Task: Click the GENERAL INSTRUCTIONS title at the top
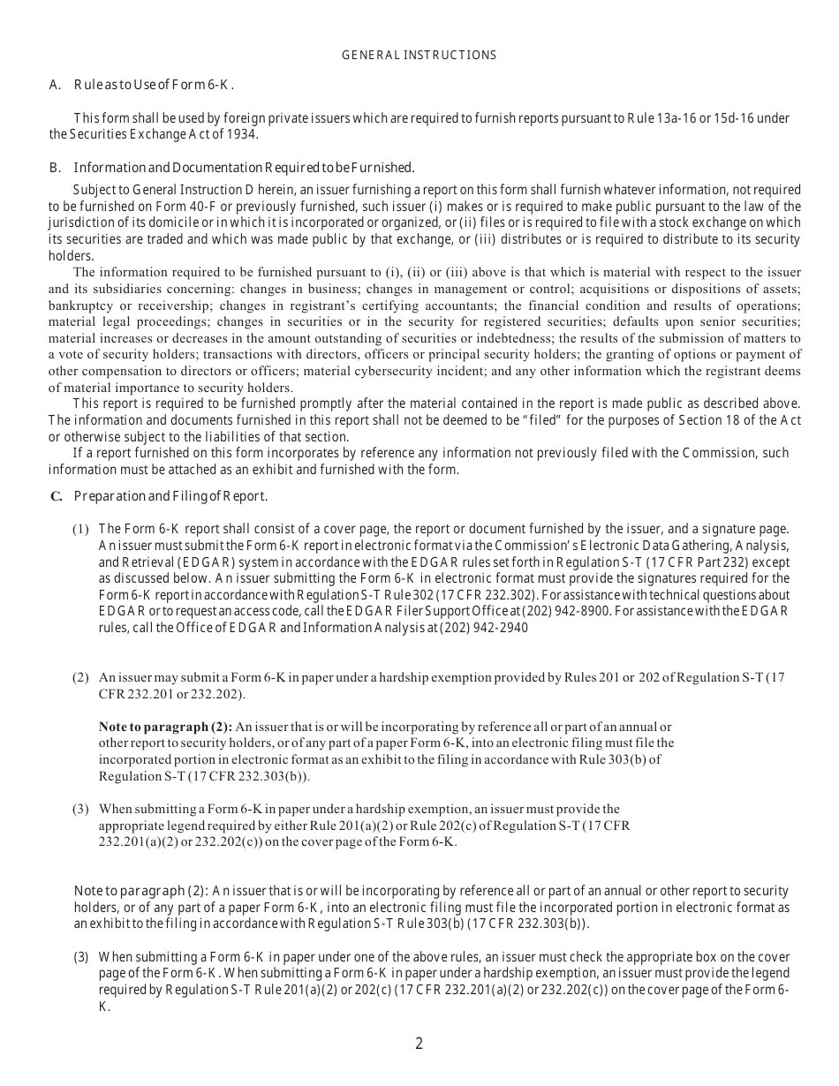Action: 419,55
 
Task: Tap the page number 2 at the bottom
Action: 419,1044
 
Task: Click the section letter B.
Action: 54,168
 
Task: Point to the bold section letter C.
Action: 56,496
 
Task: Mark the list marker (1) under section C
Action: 80,529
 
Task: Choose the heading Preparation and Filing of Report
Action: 170,496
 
